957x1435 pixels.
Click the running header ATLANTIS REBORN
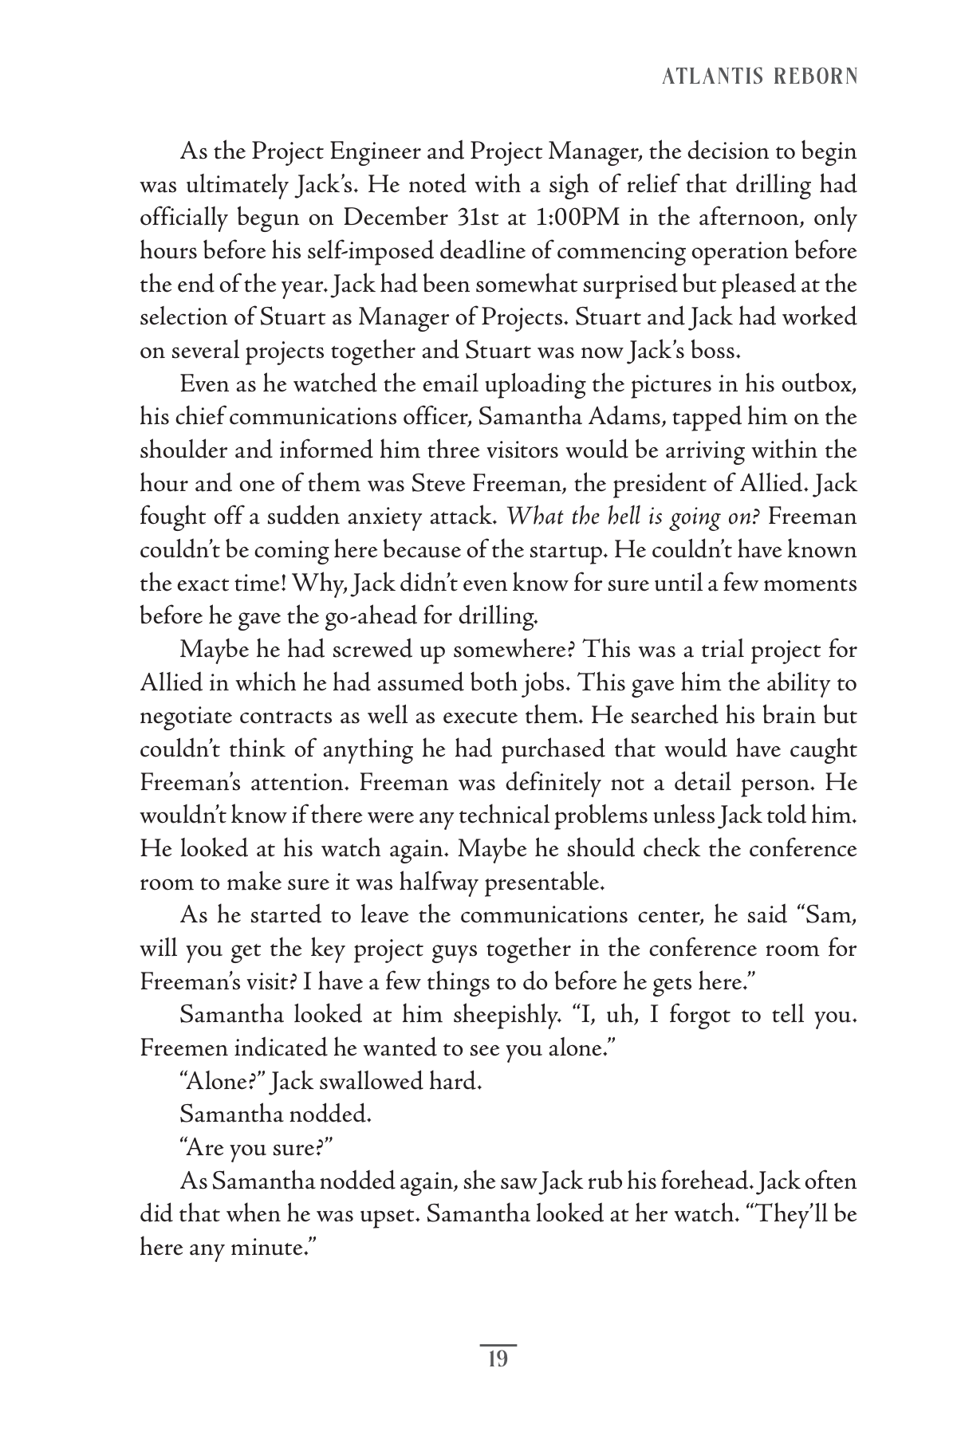click(759, 77)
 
